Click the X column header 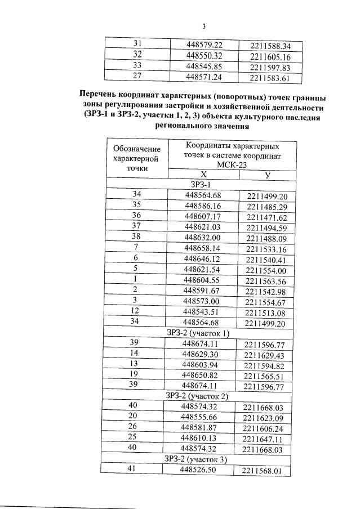pos(203,175)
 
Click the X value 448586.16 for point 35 pos(204,205)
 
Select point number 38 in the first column pos(136,237)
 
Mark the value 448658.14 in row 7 pos(204,248)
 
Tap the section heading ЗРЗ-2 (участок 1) pos(198,333)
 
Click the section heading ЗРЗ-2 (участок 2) pos(197,396)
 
